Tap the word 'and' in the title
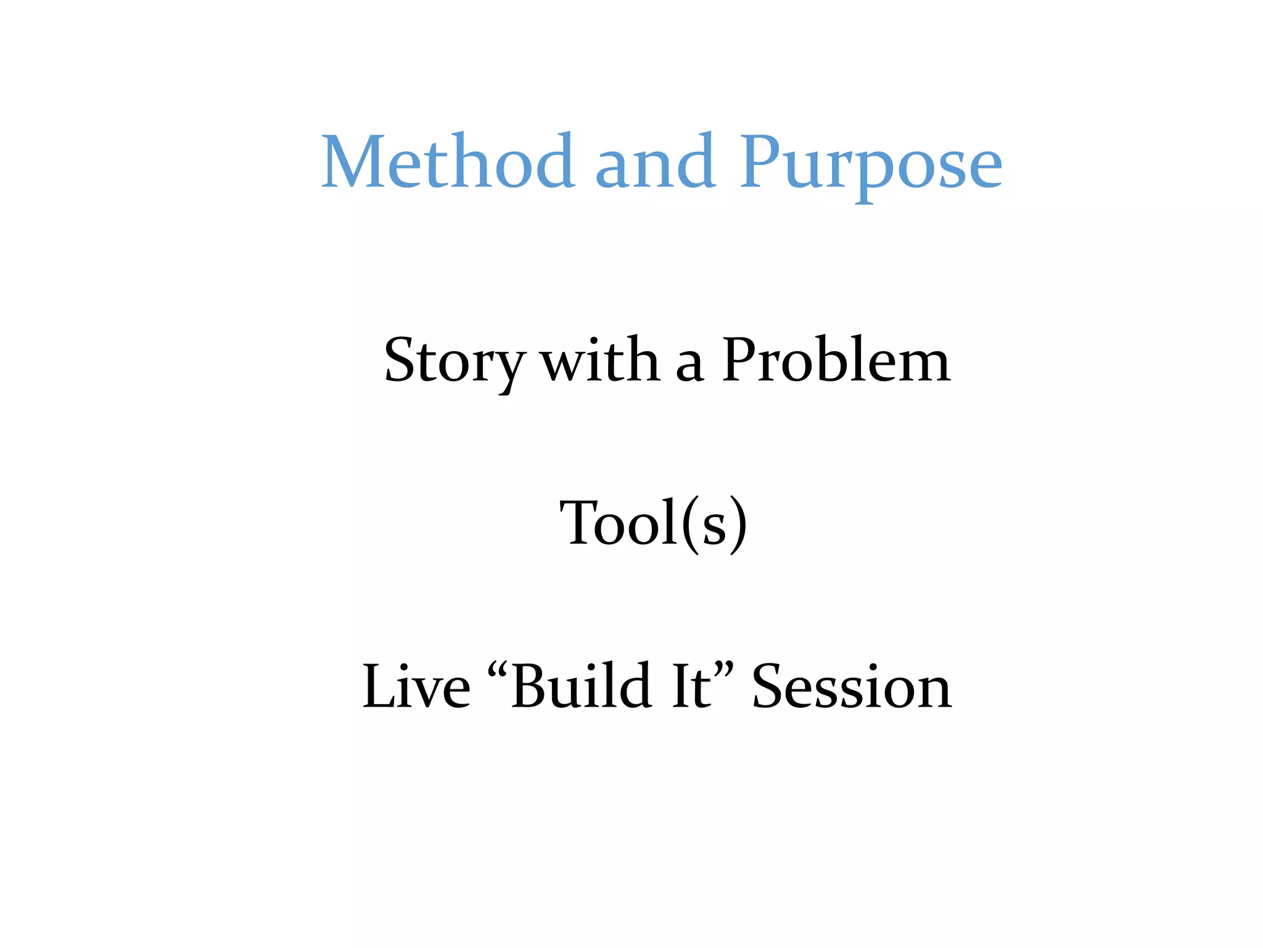(656, 162)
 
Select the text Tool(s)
(653, 523)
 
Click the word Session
(852, 686)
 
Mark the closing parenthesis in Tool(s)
(738, 525)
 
